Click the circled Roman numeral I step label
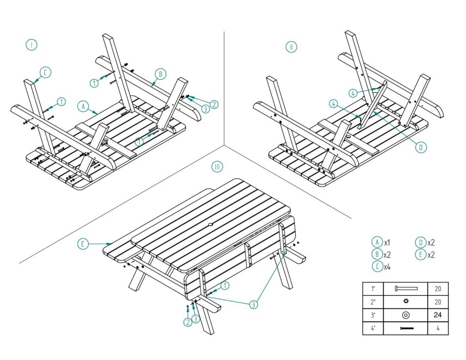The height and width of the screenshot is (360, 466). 31,45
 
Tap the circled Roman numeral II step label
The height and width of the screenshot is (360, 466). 291,46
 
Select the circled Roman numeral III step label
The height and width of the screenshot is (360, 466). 218,167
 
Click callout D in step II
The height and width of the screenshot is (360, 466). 421,147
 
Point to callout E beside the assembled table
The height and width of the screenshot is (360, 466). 83,244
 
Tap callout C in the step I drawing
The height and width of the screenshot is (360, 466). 46,72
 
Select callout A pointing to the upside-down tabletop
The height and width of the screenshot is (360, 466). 83,106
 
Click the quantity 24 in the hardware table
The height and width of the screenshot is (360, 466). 438,314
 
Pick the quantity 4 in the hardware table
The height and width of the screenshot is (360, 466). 438,328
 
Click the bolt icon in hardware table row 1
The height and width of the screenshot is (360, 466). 405,289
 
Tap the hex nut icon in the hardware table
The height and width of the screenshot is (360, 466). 405,302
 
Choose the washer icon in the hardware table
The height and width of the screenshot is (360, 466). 405,315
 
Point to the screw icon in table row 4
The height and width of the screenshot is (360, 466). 405,328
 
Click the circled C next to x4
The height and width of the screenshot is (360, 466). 377,267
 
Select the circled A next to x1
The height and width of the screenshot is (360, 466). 377,242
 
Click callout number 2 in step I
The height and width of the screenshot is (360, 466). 214,104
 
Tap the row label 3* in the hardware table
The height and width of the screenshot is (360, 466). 373,314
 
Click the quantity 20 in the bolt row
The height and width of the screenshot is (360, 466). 438,289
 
